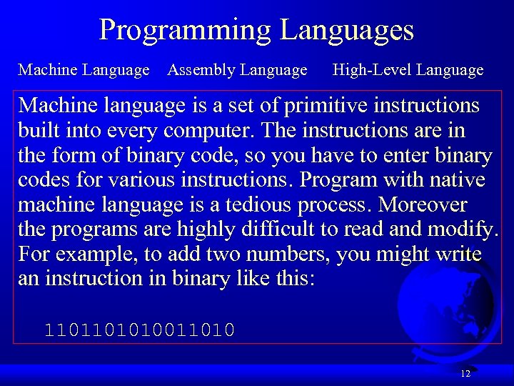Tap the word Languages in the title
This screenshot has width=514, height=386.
[347, 31]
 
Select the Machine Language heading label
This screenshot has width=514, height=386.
[84, 70]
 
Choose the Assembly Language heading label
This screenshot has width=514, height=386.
[237, 70]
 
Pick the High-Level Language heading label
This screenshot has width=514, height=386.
[408, 70]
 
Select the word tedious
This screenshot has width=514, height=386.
[261, 205]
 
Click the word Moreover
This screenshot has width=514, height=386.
[423, 205]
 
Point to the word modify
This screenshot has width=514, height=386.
[465, 229]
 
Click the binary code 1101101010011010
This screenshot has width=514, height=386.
[139, 330]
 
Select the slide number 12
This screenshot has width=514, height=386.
[465, 374]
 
